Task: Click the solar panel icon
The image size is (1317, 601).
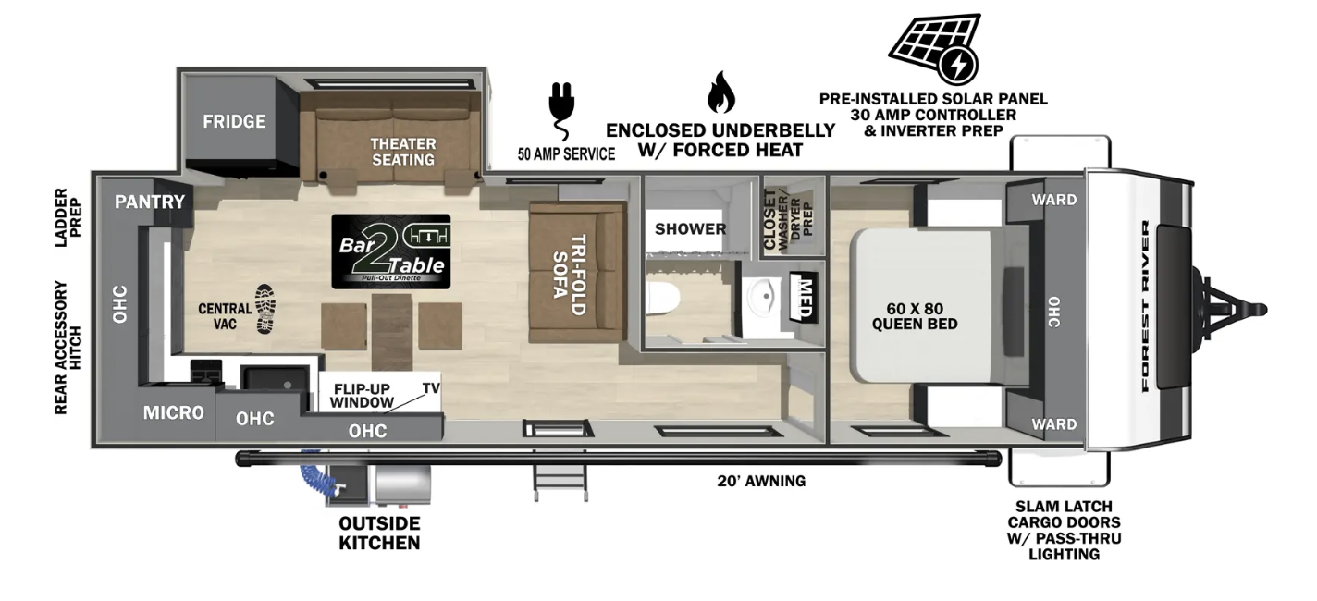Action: coord(935,48)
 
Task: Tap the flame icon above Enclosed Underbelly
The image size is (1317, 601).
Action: coord(720,92)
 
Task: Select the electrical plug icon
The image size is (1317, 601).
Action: coord(562,110)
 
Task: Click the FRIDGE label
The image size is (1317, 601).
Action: coord(234,122)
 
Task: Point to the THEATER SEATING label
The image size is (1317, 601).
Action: coord(403,152)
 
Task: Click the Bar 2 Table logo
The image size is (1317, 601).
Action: coord(391,251)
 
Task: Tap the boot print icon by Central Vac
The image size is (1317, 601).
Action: coord(265,310)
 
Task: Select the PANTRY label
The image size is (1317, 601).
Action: coord(150,202)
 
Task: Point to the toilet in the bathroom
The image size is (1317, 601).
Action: coord(663,298)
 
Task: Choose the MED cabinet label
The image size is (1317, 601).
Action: coord(804,297)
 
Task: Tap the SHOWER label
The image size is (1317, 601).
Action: coord(690,228)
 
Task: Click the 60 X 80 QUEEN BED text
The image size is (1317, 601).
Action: coord(915,316)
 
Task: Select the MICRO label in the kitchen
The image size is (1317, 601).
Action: coord(174,412)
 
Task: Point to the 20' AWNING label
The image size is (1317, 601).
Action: coord(761,481)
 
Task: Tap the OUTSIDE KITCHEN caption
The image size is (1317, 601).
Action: coord(379,533)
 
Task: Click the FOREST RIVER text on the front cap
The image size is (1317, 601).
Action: coord(1146,306)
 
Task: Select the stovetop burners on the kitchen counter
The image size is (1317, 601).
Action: coord(205,372)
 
